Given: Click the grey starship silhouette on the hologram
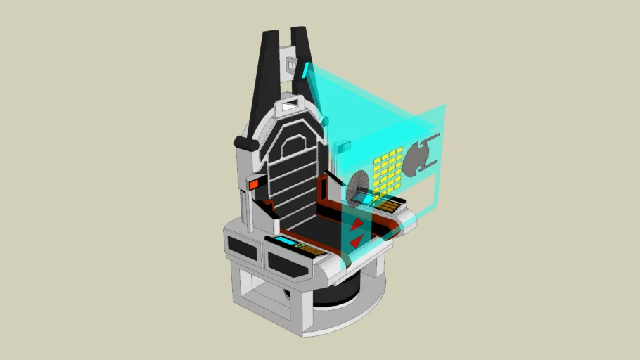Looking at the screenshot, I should (x=422, y=157).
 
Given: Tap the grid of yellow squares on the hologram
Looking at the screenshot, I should (x=388, y=169).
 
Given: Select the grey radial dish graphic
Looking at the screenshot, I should (x=361, y=189).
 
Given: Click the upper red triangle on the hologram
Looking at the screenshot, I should (x=358, y=224).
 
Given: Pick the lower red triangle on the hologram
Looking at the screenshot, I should (x=356, y=241).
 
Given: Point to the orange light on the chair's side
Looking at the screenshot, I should (x=254, y=184).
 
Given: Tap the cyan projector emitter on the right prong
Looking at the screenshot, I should (x=307, y=70).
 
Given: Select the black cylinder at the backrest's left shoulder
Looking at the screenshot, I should (x=242, y=143).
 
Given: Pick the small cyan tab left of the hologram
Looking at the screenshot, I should (x=343, y=147).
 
